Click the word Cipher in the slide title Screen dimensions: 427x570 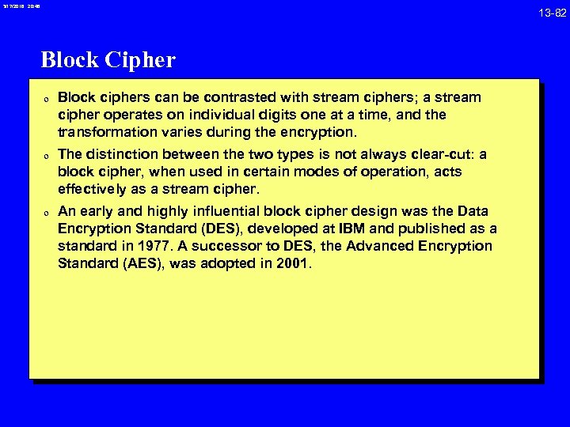[x=139, y=60]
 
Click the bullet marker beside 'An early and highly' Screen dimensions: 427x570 [x=47, y=212]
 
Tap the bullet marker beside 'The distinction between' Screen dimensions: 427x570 [x=47, y=155]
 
